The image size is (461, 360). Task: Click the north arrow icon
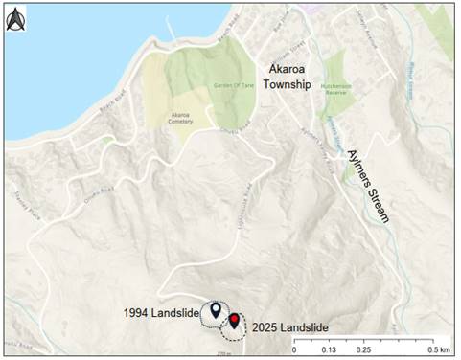15,20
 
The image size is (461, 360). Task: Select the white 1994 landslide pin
217,310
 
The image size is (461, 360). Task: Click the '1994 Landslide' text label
161,313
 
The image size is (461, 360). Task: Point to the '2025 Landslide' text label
291,327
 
